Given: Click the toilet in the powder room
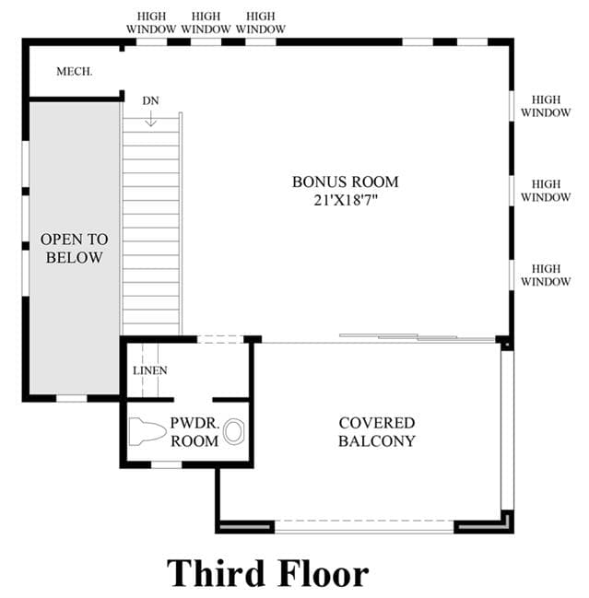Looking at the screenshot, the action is [x=147, y=431].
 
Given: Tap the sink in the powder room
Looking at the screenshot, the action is [x=233, y=432].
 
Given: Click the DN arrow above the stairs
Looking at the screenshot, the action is [x=150, y=118].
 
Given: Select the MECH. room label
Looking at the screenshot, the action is [x=75, y=71].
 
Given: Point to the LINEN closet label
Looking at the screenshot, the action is [x=150, y=370].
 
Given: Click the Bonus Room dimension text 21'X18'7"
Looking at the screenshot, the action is [x=346, y=200].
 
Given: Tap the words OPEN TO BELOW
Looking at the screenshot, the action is [x=75, y=248].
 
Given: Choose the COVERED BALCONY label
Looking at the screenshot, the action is [x=377, y=432].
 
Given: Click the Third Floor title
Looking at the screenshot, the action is [x=267, y=573].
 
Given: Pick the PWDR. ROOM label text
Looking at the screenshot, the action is [x=194, y=432].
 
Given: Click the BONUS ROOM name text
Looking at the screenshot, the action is [x=346, y=182].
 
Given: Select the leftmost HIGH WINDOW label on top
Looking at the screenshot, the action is [x=151, y=22].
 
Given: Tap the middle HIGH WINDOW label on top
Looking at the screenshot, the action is [x=206, y=22].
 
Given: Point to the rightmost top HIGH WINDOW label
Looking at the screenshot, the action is [x=261, y=22].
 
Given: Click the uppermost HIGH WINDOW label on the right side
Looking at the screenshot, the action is [x=546, y=106].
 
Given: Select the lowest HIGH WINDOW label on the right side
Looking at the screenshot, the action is [x=546, y=275].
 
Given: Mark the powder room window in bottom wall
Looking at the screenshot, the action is [x=166, y=465].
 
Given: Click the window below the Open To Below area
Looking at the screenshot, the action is [x=72, y=399].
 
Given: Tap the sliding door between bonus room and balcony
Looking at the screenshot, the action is [x=418, y=337].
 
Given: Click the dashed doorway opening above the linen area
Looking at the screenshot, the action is [x=220, y=339].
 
